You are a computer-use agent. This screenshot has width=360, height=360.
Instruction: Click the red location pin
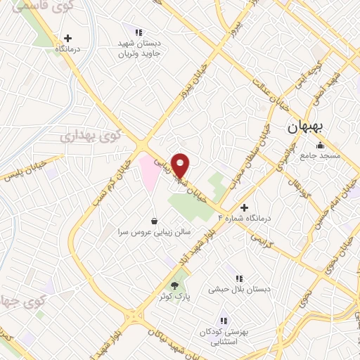point(181,165)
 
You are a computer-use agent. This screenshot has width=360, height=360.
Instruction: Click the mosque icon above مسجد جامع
point(321,145)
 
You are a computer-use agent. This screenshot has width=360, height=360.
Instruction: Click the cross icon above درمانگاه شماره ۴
point(244,207)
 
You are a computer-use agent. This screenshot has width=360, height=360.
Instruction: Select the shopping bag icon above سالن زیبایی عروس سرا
point(155,221)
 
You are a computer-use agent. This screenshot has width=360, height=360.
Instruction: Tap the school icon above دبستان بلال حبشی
point(239,278)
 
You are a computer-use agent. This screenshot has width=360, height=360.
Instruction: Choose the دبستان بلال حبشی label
point(239,289)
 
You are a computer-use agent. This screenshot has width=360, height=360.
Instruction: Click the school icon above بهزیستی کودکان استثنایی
point(224,320)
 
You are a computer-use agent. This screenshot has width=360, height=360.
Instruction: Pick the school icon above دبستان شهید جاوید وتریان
point(139,32)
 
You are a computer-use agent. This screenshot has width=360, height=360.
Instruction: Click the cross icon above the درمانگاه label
point(67,39)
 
